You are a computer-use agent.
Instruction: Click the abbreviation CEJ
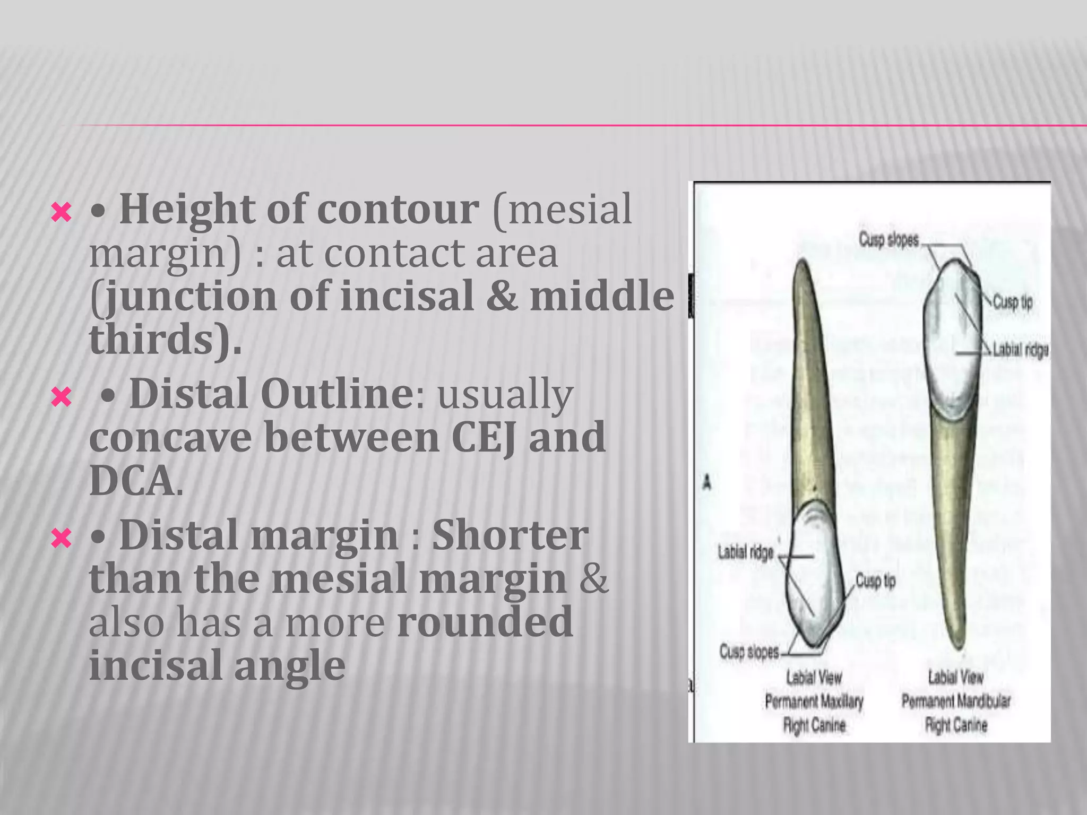(x=483, y=437)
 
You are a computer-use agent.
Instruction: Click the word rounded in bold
(x=485, y=622)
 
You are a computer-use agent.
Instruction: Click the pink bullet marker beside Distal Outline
(x=61, y=397)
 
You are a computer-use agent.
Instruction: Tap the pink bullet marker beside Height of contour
(x=61, y=213)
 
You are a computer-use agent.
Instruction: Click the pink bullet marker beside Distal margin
(x=61, y=539)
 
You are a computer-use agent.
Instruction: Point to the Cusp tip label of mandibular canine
(x=1012, y=302)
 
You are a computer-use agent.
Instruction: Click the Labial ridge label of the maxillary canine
(x=746, y=553)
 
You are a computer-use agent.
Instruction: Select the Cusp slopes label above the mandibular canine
(x=888, y=240)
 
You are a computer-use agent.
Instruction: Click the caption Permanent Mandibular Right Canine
(x=955, y=701)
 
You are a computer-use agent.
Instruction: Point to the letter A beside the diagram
(x=707, y=483)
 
